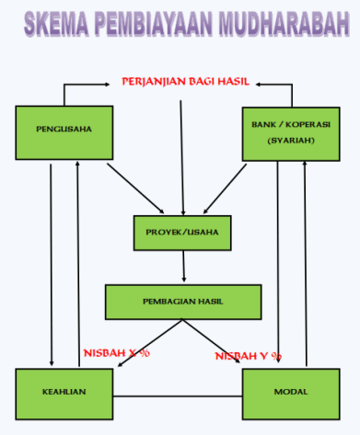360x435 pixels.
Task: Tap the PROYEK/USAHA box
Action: coord(182,232)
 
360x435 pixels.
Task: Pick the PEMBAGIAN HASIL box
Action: coord(181,302)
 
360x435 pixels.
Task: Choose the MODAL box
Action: coord(291,392)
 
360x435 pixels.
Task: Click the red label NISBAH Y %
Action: coord(248,355)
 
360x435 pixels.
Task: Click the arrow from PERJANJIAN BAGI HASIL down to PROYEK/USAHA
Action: coord(182,147)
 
